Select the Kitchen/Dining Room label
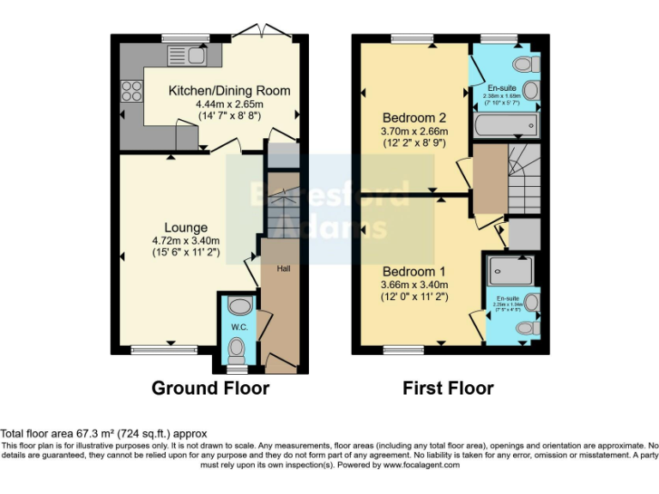[229, 90]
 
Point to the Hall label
[282, 268]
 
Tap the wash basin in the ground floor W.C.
[240, 307]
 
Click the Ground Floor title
[210, 389]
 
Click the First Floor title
[448, 389]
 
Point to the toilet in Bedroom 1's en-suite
[529, 328]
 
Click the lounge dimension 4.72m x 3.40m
[186, 241]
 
